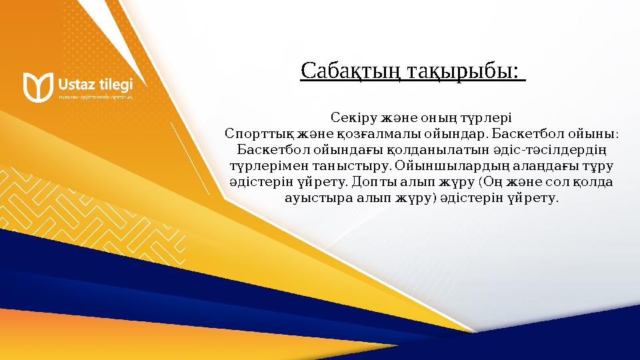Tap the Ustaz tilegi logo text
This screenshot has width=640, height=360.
[x=95, y=84]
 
